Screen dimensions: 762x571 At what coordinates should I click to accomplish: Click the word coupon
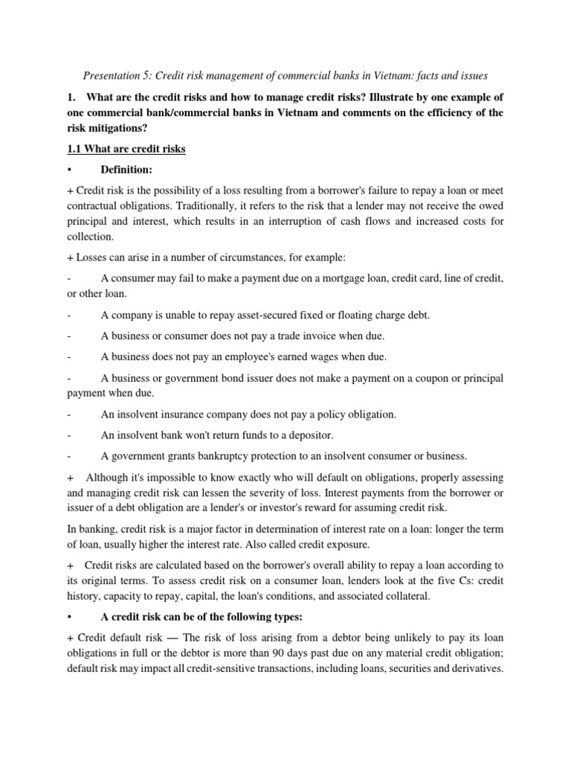point(419,378)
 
